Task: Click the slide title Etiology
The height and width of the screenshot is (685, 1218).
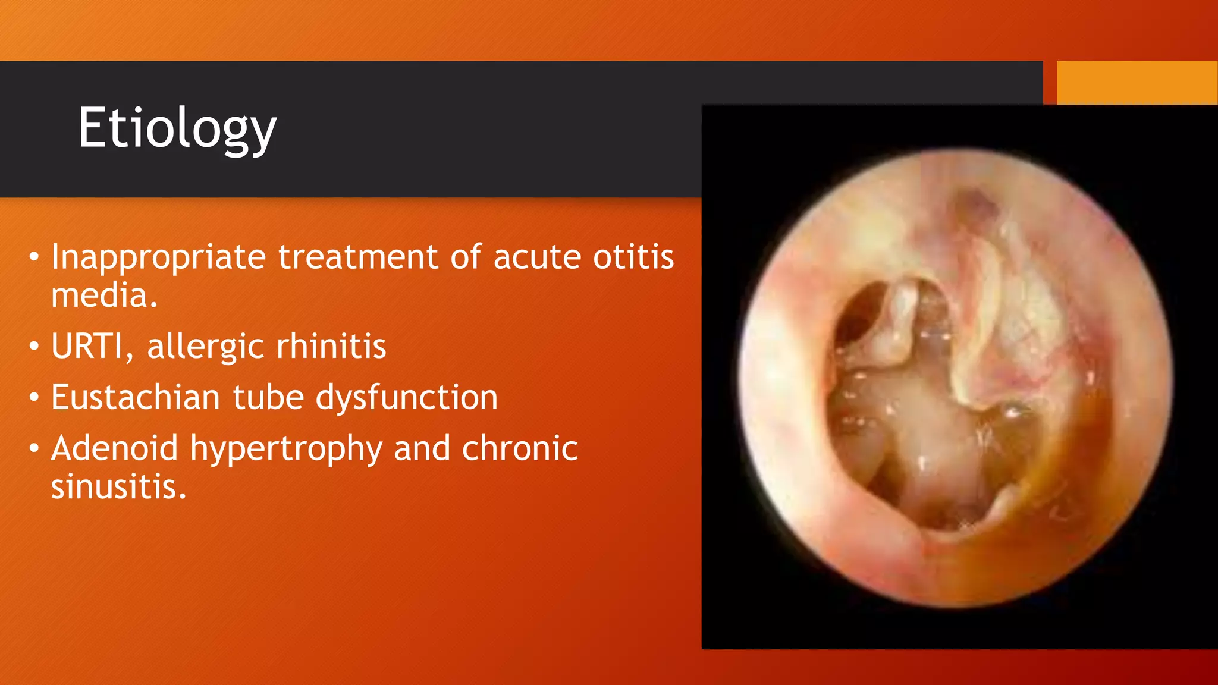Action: (177, 128)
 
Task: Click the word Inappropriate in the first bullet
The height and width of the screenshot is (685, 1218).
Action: (158, 258)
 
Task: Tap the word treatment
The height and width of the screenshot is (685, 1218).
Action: (358, 257)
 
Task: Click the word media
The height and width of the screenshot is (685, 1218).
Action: (103, 295)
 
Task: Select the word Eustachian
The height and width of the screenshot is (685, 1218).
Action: (135, 397)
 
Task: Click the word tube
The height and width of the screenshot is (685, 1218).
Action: (267, 397)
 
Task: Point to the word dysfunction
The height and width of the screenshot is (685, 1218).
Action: (406, 397)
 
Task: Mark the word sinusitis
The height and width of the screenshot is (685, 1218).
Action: (118, 487)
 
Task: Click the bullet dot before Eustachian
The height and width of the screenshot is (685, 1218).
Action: (34, 397)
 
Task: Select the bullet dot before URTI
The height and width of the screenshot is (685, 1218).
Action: (34, 346)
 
